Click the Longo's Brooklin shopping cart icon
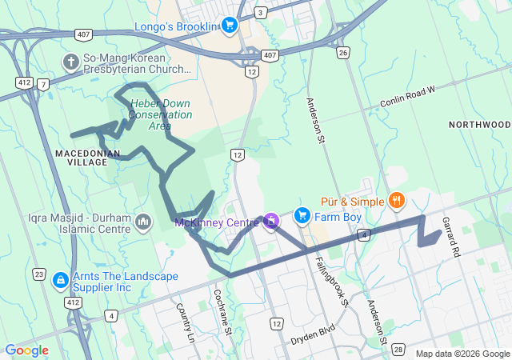pyautogui.click(x=230, y=26)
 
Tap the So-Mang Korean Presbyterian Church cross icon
pyautogui.click(x=70, y=62)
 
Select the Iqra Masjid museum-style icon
pyautogui.click(x=144, y=221)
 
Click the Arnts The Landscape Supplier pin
pyautogui.click(x=60, y=280)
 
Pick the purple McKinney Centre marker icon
pyautogui.click(x=272, y=220)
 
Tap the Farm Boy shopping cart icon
pyautogui.click(x=302, y=215)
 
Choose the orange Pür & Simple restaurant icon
pyautogui.click(x=395, y=199)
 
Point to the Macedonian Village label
pyautogui.click(x=88, y=157)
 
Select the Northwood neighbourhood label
pyautogui.click(x=479, y=125)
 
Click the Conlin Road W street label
pyautogui.click(x=407, y=97)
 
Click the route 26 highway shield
pyautogui.click(x=343, y=53)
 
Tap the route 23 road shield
pyautogui.click(x=39, y=274)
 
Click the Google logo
pyautogui.click(x=26, y=350)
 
